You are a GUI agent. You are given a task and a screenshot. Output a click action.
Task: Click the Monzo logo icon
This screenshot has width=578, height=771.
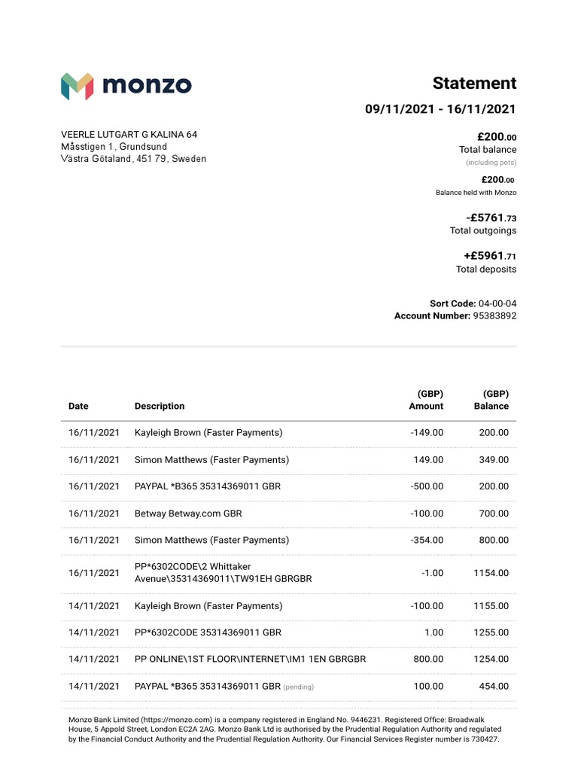(x=77, y=86)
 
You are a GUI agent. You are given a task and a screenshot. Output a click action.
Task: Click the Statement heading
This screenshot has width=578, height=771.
(x=474, y=83)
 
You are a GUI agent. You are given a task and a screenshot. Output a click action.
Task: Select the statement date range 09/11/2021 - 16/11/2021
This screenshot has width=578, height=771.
(x=440, y=109)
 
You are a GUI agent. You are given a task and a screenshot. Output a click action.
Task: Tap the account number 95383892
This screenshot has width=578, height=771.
(x=494, y=316)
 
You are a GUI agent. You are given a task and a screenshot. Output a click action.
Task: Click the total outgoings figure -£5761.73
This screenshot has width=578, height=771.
(x=491, y=218)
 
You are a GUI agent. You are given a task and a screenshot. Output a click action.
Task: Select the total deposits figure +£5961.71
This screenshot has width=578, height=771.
(x=489, y=257)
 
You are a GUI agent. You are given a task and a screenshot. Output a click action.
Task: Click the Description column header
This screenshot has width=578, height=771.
(x=160, y=406)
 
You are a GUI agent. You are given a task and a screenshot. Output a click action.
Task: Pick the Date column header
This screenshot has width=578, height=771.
(x=78, y=406)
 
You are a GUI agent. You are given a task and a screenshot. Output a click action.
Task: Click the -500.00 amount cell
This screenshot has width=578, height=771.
(x=427, y=486)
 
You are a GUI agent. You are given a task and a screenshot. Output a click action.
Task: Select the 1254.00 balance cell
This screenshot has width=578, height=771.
(x=491, y=659)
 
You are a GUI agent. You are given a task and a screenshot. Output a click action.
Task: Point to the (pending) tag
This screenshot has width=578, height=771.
(x=298, y=687)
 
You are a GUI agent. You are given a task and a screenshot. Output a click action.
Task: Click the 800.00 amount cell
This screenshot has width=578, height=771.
(x=428, y=659)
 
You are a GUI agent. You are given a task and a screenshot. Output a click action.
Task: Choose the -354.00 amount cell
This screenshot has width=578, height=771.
(x=427, y=540)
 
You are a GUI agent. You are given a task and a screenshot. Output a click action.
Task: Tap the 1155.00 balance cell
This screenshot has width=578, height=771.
(x=491, y=605)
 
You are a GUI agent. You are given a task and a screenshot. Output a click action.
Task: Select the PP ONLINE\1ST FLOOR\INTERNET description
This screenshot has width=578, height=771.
(x=250, y=659)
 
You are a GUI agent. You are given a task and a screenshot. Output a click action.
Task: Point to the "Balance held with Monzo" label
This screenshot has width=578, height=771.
(x=476, y=193)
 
